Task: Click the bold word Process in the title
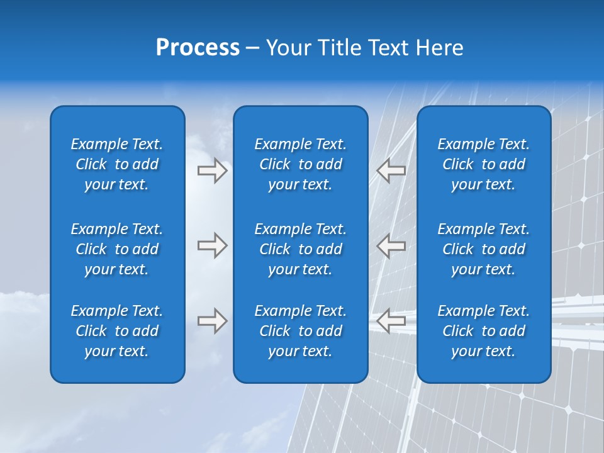click(x=198, y=48)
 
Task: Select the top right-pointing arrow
click(x=212, y=171)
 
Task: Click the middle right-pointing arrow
click(x=212, y=245)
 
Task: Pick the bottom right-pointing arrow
click(x=212, y=321)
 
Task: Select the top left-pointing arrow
click(x=391, y=171)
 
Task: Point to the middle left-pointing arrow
click(x=391, y=245)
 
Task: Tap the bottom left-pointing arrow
click(x=391, y=321)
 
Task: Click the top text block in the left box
click(x=117, y=164)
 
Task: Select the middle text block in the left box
click(x=117, y=249)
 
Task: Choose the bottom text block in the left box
click(x=117, y=331)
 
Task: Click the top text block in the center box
click(x=300, y=164)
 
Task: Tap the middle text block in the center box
click(x=300, y=249)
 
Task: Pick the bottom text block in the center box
click(x=300, y=331)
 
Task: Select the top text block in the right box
click(x=483, y=164)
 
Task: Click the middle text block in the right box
click(x=483, y=249)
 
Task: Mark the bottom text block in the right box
click(x=483, y=331)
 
